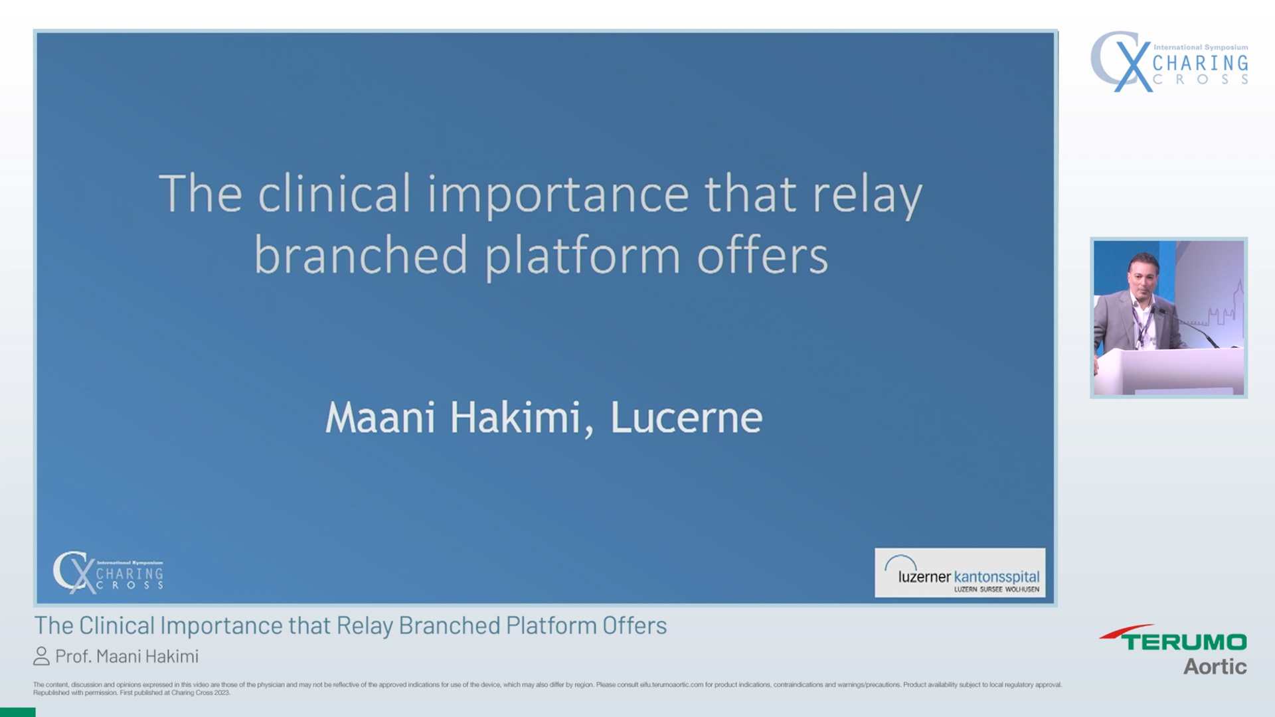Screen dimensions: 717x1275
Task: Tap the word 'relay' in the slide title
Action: point(867,195)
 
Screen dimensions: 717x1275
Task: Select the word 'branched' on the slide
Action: point(361,256)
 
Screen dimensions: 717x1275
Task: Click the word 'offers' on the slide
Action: point(762,256)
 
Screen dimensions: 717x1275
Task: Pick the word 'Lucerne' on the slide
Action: point(686,418)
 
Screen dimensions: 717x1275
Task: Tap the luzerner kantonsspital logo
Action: point(960,573)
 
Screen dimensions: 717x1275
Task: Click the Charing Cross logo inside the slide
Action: point(108,572)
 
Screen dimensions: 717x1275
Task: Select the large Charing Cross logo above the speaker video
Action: point(1169,62)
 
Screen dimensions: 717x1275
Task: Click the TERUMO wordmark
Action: point(1184,641)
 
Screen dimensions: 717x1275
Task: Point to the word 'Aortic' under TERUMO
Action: point(1215,667)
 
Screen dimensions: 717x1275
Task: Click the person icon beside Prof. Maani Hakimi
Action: point(41,657)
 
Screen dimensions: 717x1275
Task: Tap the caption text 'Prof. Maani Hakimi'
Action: point(127,657)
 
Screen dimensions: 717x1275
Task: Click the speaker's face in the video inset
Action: point(1144,274)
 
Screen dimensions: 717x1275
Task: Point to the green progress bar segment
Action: point(17,712)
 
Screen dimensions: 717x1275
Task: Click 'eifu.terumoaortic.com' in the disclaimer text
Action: point(671,684)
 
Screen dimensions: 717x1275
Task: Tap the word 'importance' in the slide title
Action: point(557,195)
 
